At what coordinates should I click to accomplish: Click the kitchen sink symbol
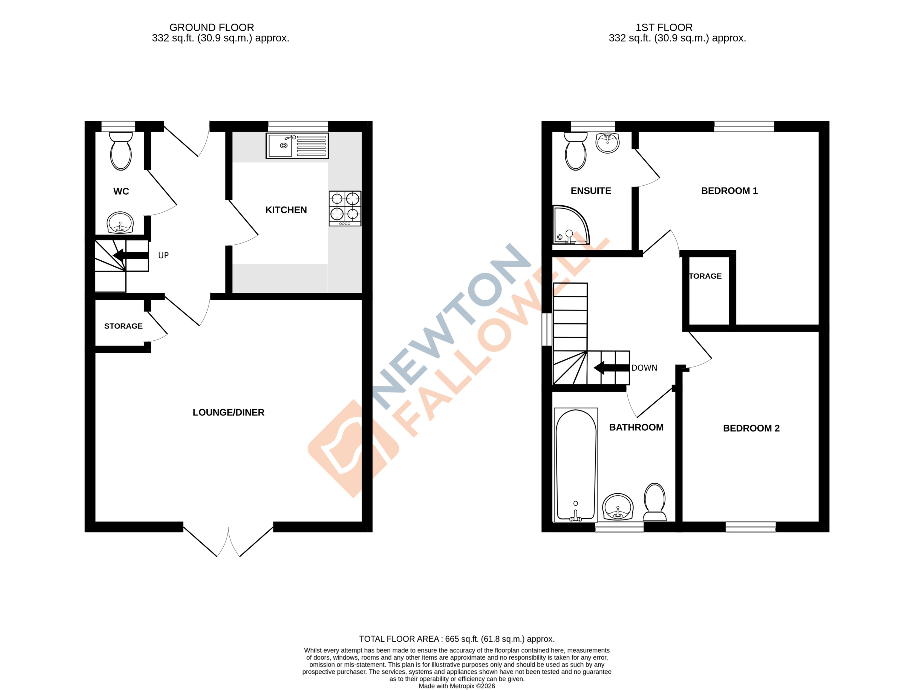point(297,145)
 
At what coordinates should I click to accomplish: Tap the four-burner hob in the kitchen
point(345,208)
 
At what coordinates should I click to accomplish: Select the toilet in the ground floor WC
point(121,151)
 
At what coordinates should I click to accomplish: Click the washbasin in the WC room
point(120,223)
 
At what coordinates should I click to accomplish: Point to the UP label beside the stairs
point(163,255)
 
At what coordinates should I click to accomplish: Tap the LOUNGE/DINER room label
point(228,412)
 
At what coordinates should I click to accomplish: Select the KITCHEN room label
point(286,210)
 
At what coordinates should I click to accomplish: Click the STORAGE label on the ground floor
point(123,326)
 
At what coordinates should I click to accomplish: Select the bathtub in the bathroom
point(576,465)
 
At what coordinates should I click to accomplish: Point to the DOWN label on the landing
point(644,368)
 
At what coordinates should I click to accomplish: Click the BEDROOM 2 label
point(751,428)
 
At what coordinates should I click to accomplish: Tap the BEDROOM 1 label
point(729,191)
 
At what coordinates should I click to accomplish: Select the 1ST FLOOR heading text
point(664,28)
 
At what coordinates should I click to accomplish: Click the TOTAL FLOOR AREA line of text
point(457,639)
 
